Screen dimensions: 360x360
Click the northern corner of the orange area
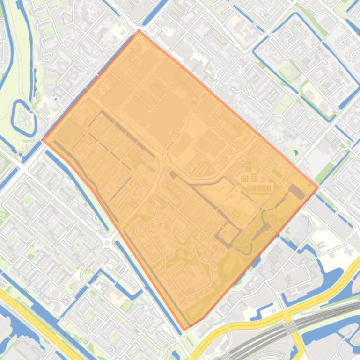click(139, 30)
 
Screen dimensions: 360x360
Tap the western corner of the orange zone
click(43, 139)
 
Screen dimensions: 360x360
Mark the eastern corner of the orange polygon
click(318, 187)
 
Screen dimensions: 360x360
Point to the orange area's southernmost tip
click(184, 330)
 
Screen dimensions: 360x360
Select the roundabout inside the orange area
click(164, 161)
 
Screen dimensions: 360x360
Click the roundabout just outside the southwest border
click(107, 243)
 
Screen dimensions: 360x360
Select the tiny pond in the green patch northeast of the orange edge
click(295, 152)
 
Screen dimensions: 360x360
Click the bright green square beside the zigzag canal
click(127, 306)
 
